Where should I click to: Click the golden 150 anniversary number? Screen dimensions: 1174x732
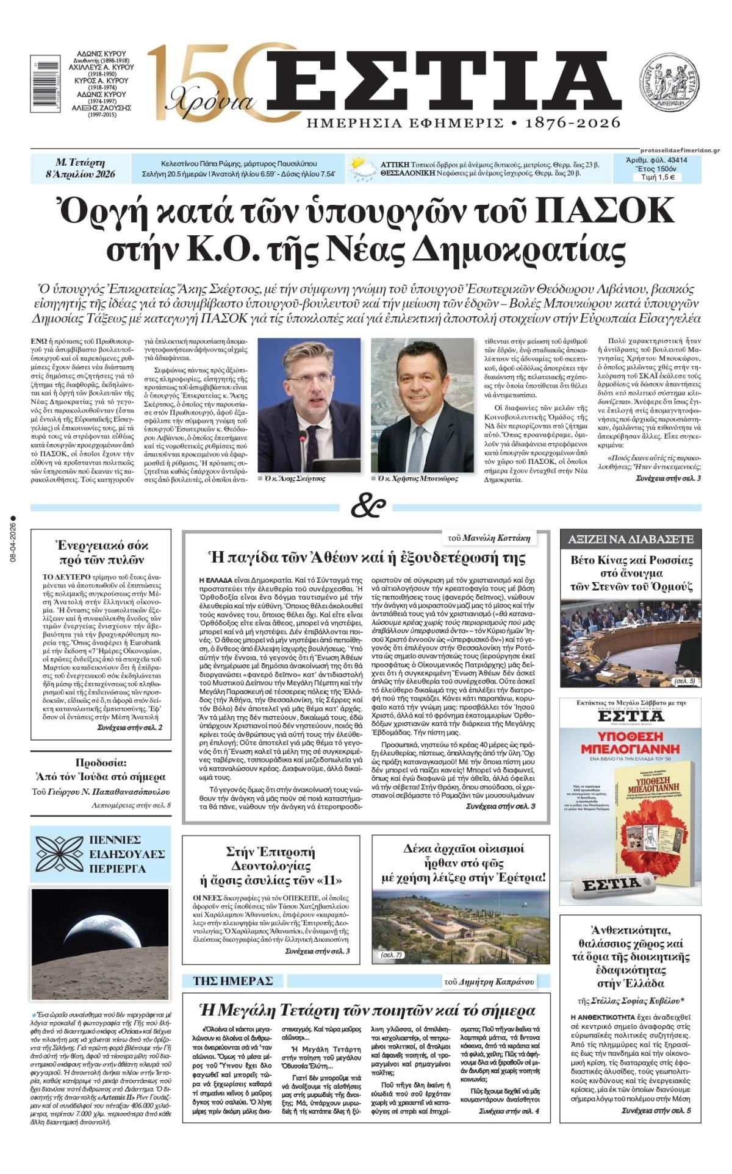(x=201, y=79)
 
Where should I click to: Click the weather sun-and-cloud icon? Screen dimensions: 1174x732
(x=362, y=169)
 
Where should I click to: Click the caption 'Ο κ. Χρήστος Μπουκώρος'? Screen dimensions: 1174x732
(x=417, y=478)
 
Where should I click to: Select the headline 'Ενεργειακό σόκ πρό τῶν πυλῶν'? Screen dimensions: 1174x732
(x=101, y=552)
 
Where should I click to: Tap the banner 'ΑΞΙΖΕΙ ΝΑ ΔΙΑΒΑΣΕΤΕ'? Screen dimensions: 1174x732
(x=630, y=539)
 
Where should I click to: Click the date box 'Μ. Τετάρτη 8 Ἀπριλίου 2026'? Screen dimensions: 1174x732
(x=80, y=169)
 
